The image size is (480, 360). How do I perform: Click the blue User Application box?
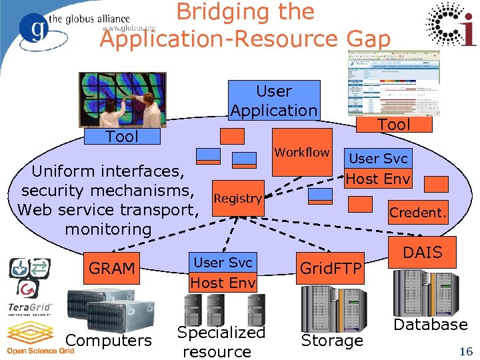(x=274, y=101)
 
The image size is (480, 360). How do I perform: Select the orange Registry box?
(x=237, y=198)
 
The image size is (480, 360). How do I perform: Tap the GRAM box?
(x=111, y=269)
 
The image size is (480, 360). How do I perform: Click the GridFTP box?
(x=331, y=269)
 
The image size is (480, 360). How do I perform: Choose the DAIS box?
(x=423, y=253)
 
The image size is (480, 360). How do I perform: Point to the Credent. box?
(x=418, y=213)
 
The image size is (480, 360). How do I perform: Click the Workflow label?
(x=302, y=153)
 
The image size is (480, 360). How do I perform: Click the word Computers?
(x=109, y=341)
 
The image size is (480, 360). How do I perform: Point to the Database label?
(x=430, y=325)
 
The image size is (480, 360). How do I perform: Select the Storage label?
(x=331, y=341)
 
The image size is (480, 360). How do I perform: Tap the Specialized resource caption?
(x=221, y=341)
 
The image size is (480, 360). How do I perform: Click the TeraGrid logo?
(x=30, y=309)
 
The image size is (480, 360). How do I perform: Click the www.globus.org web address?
(x=129, y=29)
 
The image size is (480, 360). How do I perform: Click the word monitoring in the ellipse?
(x=109, y=229)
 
